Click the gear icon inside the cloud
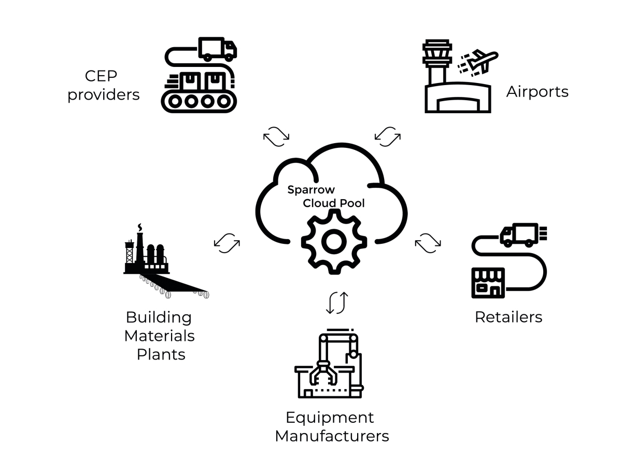point(334,241)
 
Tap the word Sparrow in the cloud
point(311,190)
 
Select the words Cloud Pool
point(334,203)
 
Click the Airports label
point(537,92)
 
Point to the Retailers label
point(508,317)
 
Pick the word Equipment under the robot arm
point(330,417)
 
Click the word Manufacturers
point(332,436)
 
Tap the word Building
point(159,317)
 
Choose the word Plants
point(161,354)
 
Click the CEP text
point(101,76)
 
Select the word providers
point(104,95)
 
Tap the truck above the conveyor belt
point(217,49)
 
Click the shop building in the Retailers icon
point(488,283)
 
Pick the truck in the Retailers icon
point(519,235)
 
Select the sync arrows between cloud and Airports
point(387,136)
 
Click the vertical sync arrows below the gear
point(336,303)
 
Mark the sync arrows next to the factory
point(227,242)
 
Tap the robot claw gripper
point(322,373)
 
